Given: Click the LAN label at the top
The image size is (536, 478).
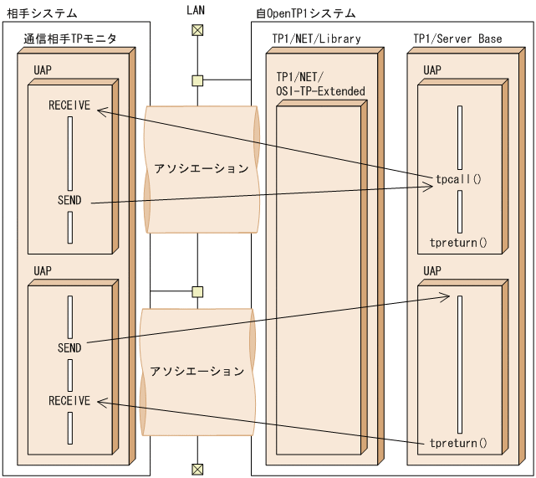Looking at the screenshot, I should click(197, 12).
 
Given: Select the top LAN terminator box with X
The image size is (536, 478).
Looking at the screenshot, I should click(197, 31).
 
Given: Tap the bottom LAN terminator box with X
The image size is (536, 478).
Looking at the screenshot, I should click(197, 468).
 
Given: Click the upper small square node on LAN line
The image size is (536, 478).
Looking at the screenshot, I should click(197, 80).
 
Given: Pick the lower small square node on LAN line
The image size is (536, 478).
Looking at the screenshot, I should click(197, 291).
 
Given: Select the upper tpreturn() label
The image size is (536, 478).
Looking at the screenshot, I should click(457, 243).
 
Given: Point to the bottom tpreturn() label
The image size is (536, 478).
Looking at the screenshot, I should click(457, 443).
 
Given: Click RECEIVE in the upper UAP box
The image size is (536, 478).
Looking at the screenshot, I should click(69, 107).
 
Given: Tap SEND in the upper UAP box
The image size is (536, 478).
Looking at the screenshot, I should click(69, 201).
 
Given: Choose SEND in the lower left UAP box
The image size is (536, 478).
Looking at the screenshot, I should click(69, 347).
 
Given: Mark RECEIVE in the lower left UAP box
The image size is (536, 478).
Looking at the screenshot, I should click(69, 401).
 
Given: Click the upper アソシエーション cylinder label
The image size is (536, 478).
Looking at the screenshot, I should click(201, 168).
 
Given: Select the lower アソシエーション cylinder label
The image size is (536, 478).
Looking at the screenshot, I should click(197, 371).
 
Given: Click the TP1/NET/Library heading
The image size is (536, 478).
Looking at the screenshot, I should click(316, 39).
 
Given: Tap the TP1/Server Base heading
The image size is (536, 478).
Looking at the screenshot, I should click(457, 39).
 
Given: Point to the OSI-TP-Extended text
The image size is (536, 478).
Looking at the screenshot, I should click(320, 90).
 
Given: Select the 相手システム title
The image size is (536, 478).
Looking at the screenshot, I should click(42, 13).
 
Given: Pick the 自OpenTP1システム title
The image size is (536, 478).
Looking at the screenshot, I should click(305, 13).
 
